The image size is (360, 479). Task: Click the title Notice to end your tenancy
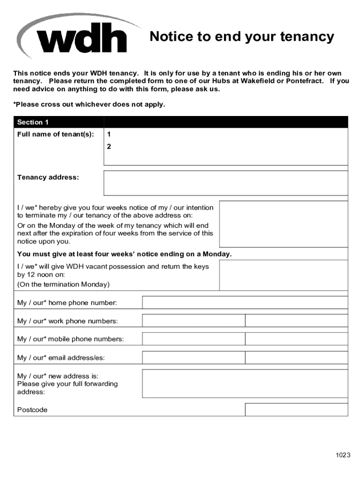242,36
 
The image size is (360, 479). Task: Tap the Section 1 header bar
180,122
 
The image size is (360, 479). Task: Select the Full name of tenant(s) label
56,134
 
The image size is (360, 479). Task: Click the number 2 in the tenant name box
109,146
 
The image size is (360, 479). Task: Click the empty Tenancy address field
225,183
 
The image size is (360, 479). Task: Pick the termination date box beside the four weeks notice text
283,224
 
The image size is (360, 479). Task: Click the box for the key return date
283,275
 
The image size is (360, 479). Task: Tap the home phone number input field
245,303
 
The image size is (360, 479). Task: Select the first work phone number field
194,321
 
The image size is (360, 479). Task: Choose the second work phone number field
296,321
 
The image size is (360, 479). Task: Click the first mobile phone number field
194,339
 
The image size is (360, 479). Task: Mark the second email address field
296,358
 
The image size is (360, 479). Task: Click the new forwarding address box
245,384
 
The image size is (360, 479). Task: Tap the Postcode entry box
296,410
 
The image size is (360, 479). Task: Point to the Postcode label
32,410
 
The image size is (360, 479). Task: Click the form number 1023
342,455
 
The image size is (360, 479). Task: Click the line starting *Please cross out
89,104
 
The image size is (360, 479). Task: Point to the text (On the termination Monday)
63,284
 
